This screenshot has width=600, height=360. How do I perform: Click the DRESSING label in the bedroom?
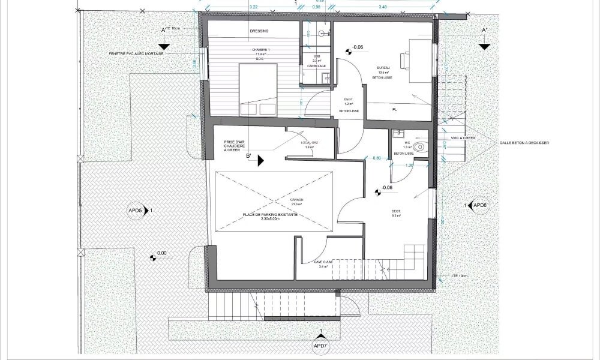(259, 31)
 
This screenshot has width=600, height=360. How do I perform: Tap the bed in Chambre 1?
(258, 89)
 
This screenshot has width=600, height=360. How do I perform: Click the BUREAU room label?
(384, 68)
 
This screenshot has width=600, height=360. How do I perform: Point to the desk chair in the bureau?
(406, 60)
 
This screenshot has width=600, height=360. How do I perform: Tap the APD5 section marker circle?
(136, 211)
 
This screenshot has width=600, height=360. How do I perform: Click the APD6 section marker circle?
(480, 206)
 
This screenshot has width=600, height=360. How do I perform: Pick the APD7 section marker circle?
(321, 347)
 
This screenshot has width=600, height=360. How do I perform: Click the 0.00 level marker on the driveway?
(161, 253)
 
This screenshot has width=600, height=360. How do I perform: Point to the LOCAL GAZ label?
(310, 143)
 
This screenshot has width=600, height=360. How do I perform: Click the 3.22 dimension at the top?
(253, 6)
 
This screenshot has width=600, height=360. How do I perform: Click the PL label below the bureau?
(394, 110)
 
